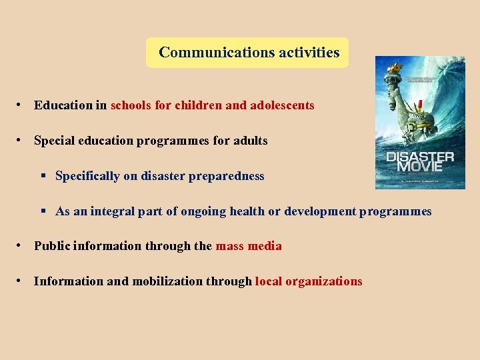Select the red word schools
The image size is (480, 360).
(131, 105)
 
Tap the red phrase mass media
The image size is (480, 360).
(249, 246)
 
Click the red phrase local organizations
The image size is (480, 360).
(309, 281)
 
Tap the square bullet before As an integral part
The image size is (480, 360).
(43, 211)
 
